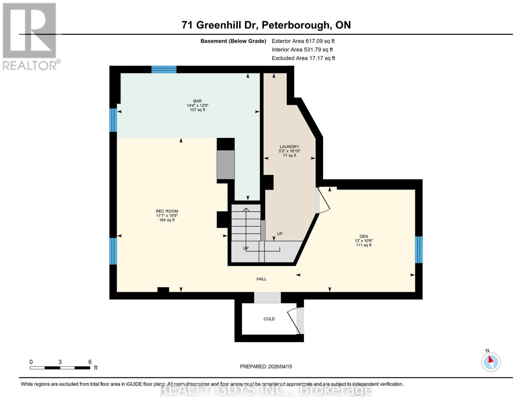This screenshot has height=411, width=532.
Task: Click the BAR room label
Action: pyautogui.click(x=197, y=101)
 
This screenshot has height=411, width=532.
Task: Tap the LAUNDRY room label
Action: pyautogui.click(x=289, y=147)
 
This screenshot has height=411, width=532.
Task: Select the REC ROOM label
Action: pyautogui.click(x=167, y=211)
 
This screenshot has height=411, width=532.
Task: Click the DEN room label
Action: pyautogui.click(x=363, y=236)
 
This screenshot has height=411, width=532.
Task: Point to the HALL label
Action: pyautogui.click(x=261, y=279)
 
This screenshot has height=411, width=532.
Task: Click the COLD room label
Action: pyautogui.click(x=269, y=319)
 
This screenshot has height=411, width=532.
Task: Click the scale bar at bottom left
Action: pyautogui.click(x=60, y=368)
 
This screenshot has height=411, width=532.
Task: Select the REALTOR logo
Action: pyautogui.click(x=30, y=36)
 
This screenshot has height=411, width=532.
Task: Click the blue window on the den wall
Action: pyautogui.click(x=419, y=250)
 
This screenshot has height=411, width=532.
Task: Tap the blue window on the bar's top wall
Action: pyautogui.click(x=164, y=70)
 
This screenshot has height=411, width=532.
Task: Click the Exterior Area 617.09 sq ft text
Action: pyautogui.click(x=303, y=41)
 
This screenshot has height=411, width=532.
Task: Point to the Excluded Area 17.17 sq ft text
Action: pyautogui.click(x=303, y=58)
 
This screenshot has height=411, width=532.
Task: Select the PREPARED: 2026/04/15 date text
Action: pyautogui.click(x=266, y=366)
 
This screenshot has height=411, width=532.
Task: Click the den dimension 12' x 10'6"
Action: pyautogui.click(x=363, y=241)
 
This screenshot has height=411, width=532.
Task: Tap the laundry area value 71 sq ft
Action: pyautogui.click(x=289, y=155)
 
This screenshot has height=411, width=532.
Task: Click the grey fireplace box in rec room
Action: pyautogui.click(x=225, y=164)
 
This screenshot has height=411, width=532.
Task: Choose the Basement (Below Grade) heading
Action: pyautogui.click(x=233, y=41)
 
